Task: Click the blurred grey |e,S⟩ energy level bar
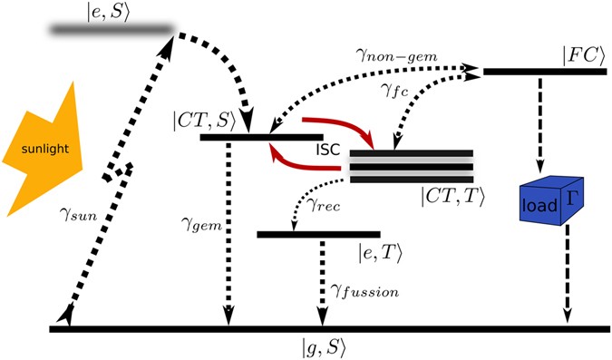click(112, 32)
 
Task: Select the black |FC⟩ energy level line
click(545, 71)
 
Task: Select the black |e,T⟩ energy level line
click(318, 235)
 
